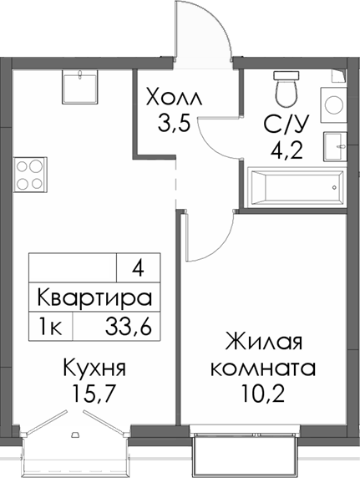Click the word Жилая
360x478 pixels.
(262, 343)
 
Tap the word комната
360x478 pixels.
(262, 369)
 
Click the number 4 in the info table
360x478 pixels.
(137, 269)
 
